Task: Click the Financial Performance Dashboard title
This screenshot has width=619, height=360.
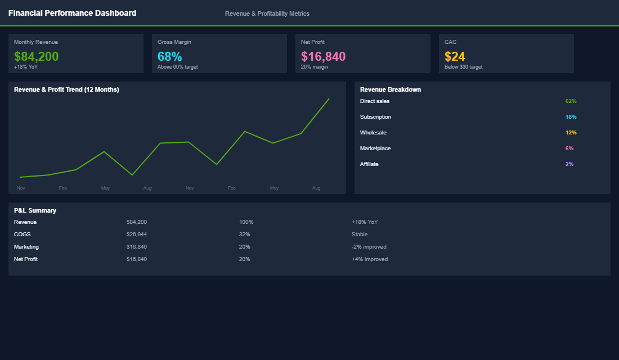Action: point(72,13)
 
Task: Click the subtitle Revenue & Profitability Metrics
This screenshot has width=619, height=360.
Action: point(267,13)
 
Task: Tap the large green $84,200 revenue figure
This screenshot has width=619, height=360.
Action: point(37,56)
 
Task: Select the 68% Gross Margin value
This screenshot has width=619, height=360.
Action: point(169,56)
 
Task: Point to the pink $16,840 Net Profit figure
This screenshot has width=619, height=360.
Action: point(323,56)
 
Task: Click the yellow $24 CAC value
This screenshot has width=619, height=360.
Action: point(455,56)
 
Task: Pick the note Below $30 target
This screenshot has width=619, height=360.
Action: point(463,67)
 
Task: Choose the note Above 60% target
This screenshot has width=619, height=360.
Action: point(177,67)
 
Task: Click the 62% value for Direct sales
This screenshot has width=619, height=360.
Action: point(571,101)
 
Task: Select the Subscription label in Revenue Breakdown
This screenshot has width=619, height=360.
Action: point(375,117)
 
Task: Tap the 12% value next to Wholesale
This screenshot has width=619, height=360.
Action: point(571,133)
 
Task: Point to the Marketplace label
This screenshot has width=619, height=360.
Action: point(375,148)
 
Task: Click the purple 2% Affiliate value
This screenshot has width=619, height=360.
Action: point(569,164)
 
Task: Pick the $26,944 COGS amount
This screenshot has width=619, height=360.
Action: point(137,235)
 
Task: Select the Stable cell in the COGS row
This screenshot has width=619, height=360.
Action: point(359,235)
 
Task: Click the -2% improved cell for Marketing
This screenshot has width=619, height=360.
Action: point(369,247)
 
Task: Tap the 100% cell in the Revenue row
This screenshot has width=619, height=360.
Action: point(246,222)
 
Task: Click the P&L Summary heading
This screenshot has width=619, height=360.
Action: point(35,210)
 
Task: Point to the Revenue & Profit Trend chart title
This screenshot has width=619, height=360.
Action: point(66,89)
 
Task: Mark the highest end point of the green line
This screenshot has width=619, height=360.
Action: point(329,99)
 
